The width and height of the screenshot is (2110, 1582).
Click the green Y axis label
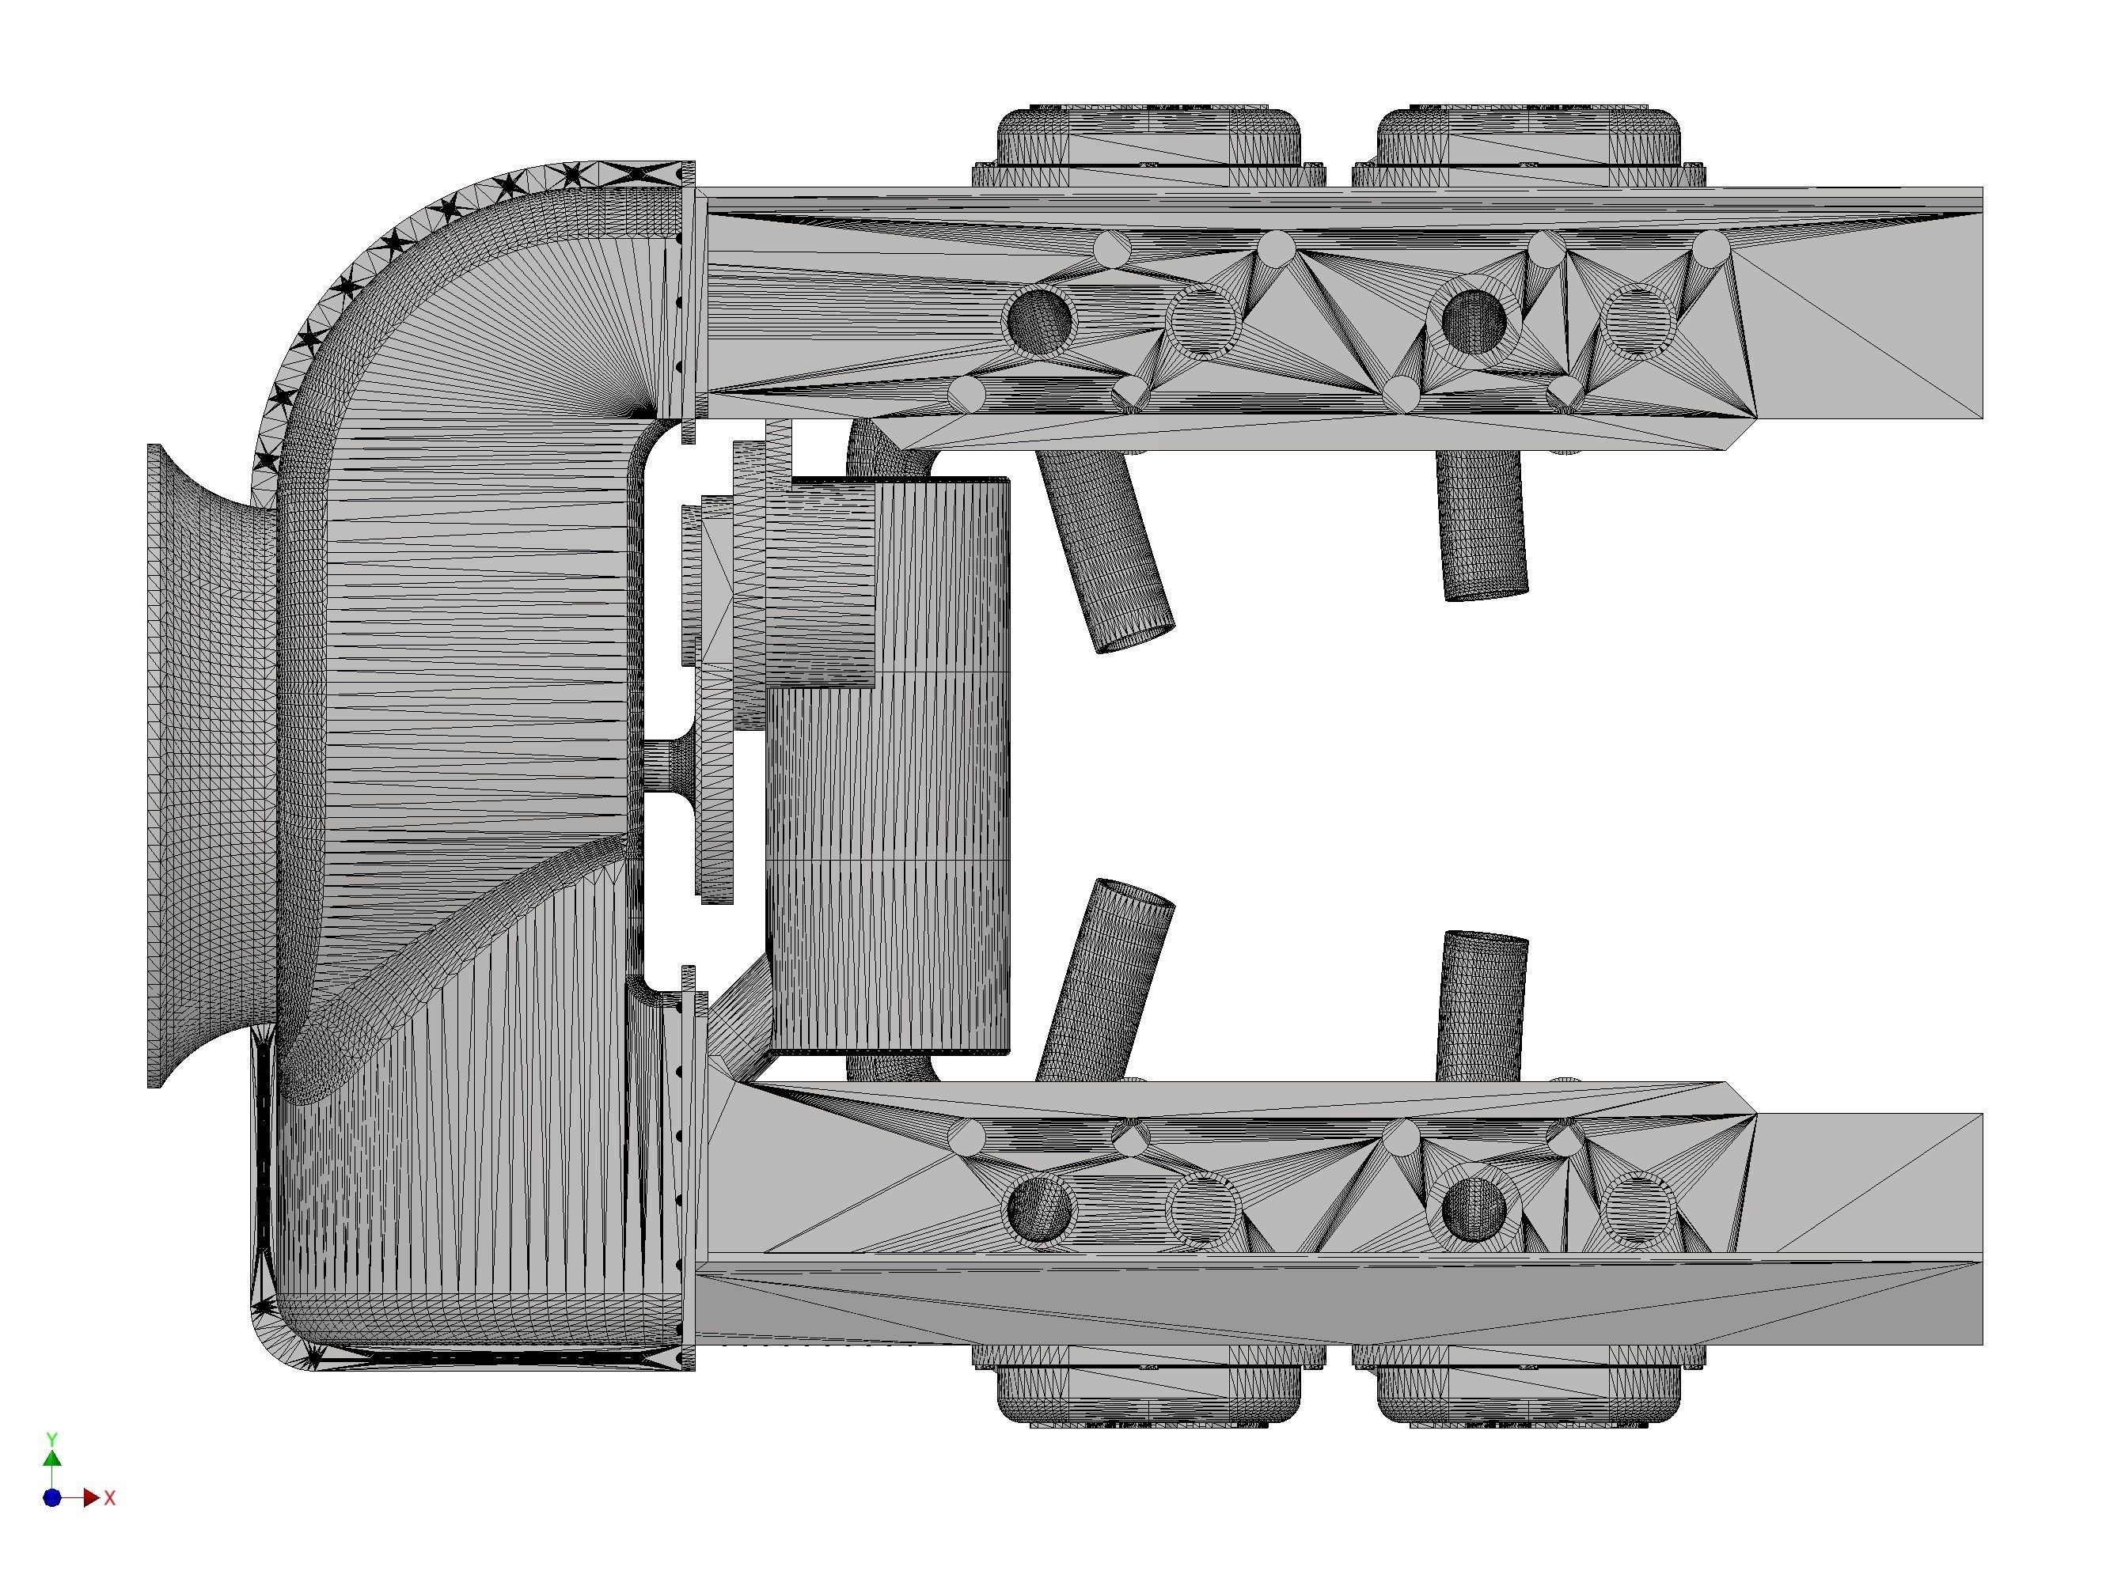pos(53,1438)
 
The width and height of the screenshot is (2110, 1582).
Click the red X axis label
pos(110,1498)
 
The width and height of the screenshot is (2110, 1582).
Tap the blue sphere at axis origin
pos(52,1498)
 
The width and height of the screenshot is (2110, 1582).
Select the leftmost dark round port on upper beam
pos(1041,320)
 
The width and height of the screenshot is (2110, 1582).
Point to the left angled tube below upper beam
pos(1106,553)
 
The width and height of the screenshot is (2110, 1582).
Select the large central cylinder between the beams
pos(887,811)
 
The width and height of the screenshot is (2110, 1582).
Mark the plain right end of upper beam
pos(1869,315)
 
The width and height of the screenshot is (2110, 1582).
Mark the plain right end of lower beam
pos(1869,1183)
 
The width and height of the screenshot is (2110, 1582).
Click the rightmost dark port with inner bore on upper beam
pos(1474,320)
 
